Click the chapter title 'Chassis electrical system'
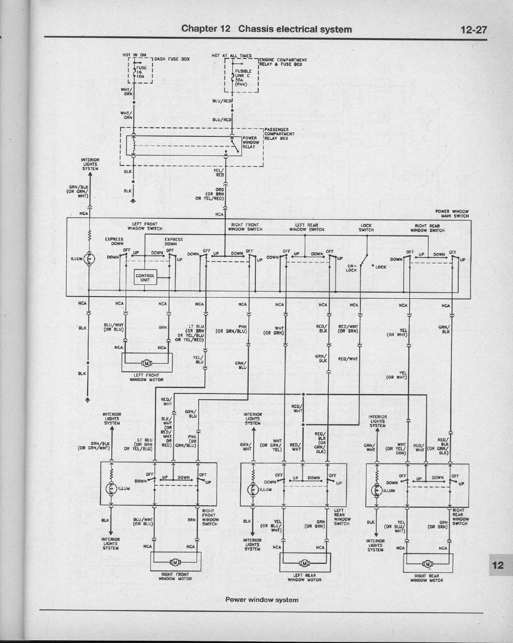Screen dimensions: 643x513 295,29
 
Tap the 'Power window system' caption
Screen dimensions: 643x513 262,600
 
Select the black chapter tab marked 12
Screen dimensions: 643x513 497,565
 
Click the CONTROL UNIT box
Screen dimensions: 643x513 145,277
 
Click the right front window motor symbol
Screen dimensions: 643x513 175,562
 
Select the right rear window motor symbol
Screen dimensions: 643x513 428,563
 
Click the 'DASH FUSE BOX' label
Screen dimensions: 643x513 172,59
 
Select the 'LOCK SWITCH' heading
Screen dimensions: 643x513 366,228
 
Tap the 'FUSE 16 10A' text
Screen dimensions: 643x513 139,72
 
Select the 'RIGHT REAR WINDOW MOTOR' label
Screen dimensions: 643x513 428,578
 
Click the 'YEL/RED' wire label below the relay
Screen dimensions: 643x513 219,173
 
